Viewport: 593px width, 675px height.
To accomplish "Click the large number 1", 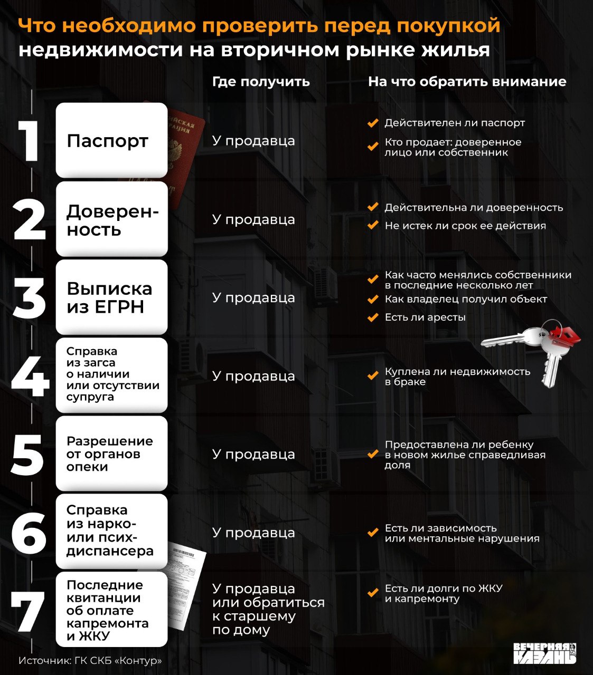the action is pos(30,141).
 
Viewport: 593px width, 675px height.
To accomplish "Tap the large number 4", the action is pos(30,377).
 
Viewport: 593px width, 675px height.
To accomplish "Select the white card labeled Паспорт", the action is pos(111,140).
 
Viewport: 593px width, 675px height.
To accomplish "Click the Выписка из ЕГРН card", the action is pos(111,297).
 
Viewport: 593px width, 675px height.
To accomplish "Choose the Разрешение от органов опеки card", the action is pos(111,454).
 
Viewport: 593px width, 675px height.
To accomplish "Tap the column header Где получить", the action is pos(261,82).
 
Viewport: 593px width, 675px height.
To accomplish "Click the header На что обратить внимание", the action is pos(467,82).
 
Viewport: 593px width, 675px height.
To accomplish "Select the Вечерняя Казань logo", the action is pos(544,653).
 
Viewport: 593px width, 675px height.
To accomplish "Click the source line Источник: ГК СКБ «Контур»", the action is pos(90,661).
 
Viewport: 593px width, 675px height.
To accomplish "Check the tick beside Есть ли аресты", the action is pos(373,317).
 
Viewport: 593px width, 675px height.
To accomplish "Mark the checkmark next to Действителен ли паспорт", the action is pos(373,123).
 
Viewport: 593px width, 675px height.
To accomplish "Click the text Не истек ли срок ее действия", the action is pos(465,226).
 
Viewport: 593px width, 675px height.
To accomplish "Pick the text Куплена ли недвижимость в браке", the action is pos(457,377).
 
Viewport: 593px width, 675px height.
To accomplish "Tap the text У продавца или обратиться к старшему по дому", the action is pos(268,609).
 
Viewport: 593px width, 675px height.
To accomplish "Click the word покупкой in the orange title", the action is pos(448,26).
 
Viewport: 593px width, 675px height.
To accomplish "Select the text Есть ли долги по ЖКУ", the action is pos(444,589).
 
